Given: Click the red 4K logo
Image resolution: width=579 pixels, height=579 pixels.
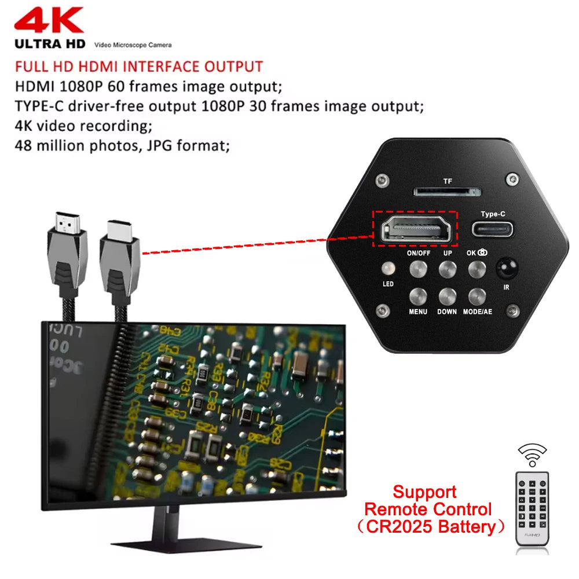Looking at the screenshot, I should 49,21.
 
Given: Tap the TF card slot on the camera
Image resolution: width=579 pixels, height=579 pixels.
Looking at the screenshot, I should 446,192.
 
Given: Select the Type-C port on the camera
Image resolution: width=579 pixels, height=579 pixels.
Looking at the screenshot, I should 493,228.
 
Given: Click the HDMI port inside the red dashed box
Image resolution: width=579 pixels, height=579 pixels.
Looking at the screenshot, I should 414,229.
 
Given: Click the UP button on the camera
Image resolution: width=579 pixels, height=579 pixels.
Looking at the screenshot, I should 447,268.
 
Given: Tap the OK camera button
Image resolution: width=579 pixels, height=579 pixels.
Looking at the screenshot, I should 477,268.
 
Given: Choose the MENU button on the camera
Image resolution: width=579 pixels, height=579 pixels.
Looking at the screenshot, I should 418,296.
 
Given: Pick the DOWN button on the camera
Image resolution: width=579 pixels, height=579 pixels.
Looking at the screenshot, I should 447,296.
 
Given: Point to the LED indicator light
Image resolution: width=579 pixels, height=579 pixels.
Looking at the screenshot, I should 388,269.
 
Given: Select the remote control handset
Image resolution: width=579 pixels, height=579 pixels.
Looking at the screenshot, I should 532,508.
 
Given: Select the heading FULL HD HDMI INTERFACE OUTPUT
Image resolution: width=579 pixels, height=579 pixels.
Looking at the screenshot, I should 138,67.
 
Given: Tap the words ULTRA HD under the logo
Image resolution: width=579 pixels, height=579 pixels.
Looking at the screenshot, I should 50,44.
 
